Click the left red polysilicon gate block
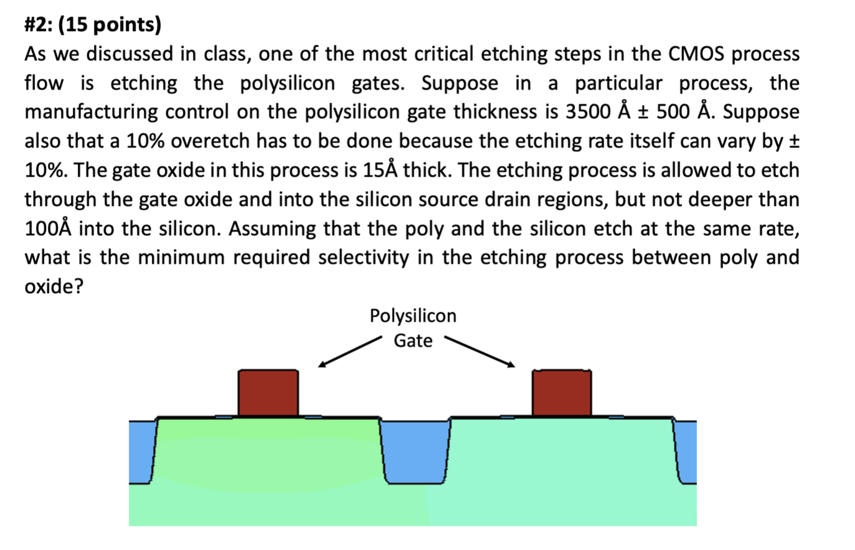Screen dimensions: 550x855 [268, 393]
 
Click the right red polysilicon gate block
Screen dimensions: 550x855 [561, 393]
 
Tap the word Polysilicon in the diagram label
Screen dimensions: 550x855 [413, 316]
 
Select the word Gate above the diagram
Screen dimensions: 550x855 [413, 341]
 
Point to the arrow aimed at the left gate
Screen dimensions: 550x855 [348, 352]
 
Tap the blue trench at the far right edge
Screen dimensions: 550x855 [686, 449]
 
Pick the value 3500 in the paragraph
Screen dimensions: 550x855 [587, 112]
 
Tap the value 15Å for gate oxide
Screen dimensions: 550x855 [379, 170]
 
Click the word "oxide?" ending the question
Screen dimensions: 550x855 [54, 287]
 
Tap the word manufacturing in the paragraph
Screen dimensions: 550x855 [91, 112]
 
